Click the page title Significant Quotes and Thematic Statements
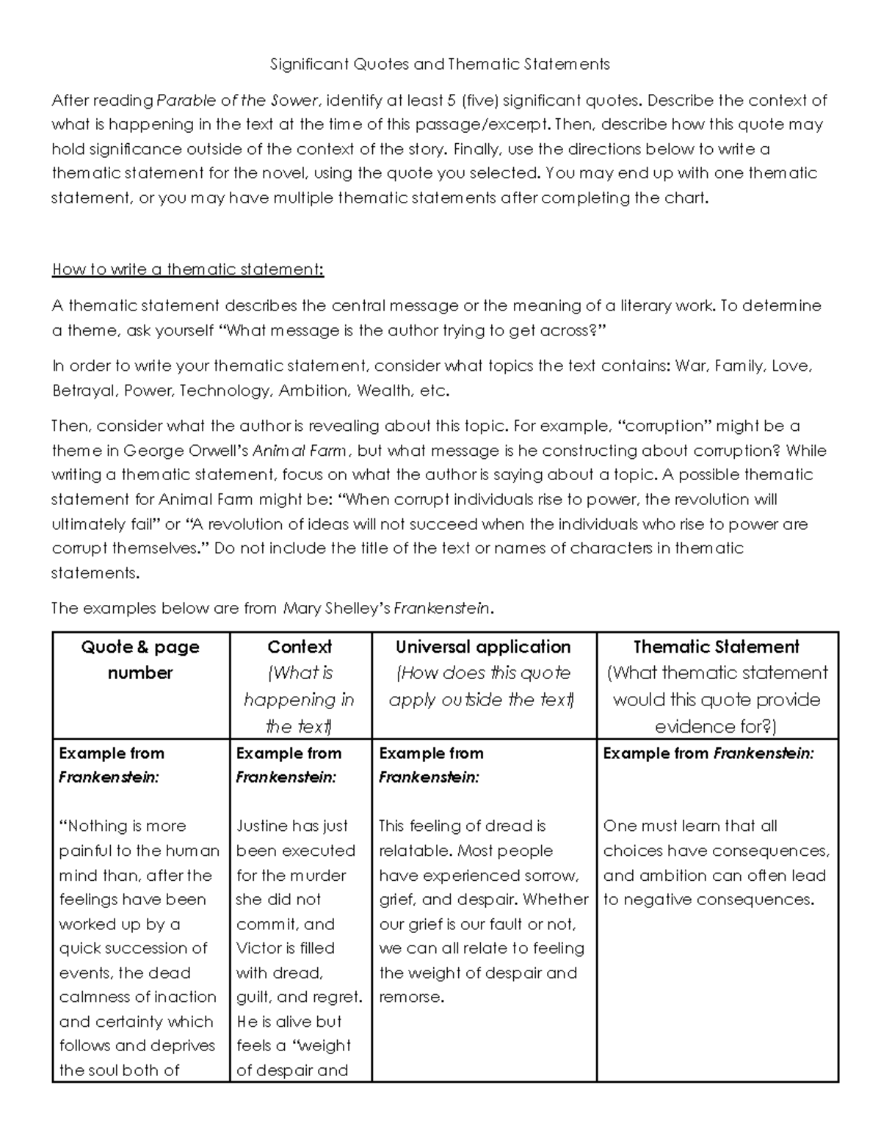[x=440, y=64]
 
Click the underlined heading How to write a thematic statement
[x=187, y=269]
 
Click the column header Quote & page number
[x=139, y=659]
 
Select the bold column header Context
[x=300, y=647]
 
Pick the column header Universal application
[x=482, y=647]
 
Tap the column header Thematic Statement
[x=716, y=647]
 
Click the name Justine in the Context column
[x=261, y=826]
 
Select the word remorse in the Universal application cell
[x=410, y=997]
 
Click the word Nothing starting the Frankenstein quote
[x=95, y=826]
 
